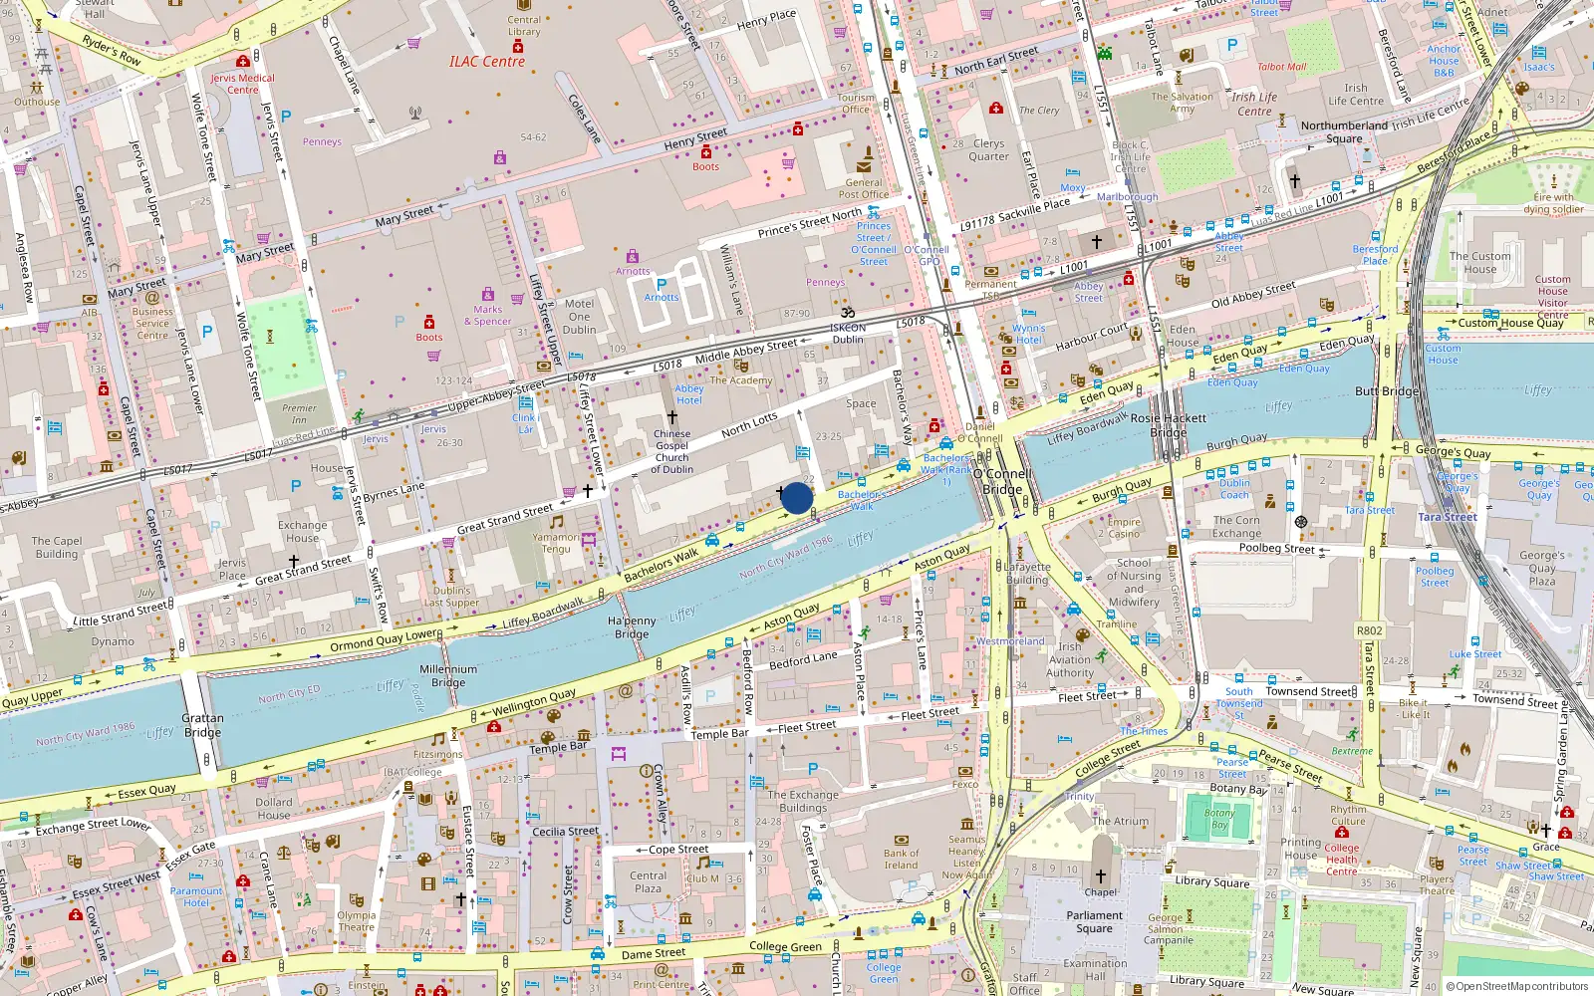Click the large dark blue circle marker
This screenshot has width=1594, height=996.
[x=797, y=498]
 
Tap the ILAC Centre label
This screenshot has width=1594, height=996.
[x=486, y=62]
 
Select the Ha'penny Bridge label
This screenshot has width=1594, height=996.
[x=632, y=627]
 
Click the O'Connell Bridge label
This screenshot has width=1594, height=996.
[x=1002, y=482]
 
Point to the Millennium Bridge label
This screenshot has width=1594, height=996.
[x=448, y=676]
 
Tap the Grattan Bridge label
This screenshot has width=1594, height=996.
[x=202, y=725]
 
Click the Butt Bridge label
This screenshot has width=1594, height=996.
[x=1386, y=391]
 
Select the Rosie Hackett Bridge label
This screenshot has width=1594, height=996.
[x=1168, y=425]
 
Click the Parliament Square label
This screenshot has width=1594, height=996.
[x=1094, y=922]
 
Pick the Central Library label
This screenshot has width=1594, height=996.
[x=524, y=26]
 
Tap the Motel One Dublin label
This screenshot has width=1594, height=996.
[x=579, y=317]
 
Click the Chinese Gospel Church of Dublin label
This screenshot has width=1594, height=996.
[x=671, y=451]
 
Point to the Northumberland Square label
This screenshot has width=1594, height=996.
[x=1344, y=131]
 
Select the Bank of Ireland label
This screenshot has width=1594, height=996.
[x=901, y=859]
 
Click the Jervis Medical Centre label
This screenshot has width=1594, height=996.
[x=242, y=84]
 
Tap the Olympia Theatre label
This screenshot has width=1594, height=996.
[x=356, y=921]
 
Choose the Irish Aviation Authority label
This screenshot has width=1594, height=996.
[x=1070, y=659]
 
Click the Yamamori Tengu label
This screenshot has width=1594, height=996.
[x=556, y=543]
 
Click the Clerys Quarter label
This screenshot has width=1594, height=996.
[x=988, y=149]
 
